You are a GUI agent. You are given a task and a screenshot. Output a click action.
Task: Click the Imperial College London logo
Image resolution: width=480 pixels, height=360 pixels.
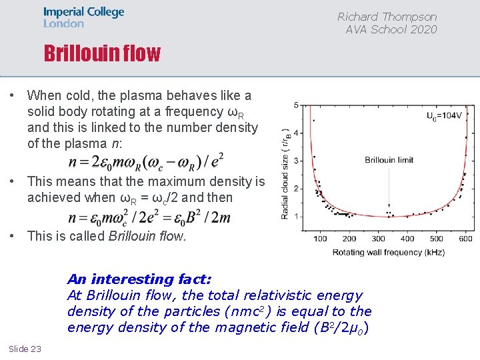pos(83,17)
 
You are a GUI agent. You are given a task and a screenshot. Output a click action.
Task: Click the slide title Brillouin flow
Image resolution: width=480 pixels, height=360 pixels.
pos(102,53)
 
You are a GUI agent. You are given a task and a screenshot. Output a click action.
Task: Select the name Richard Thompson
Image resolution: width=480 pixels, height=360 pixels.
pos(387,17)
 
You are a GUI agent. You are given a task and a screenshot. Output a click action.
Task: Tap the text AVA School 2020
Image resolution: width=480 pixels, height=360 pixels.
pos(391,29)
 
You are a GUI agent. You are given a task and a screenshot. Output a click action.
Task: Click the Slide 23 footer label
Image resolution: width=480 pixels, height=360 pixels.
pos(25,349)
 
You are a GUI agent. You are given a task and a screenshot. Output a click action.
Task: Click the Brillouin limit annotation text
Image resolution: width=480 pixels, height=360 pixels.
pos(389,160)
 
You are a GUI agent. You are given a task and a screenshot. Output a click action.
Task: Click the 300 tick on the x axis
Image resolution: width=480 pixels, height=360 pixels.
pos(378,239)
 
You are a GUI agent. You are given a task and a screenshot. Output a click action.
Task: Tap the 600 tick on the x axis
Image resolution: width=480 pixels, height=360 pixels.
pos(465,239)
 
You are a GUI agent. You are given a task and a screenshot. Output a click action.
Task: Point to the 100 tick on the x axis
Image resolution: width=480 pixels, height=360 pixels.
pos(320,239)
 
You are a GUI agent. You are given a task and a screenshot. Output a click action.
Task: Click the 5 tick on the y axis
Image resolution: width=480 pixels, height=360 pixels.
pos(296,105)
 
